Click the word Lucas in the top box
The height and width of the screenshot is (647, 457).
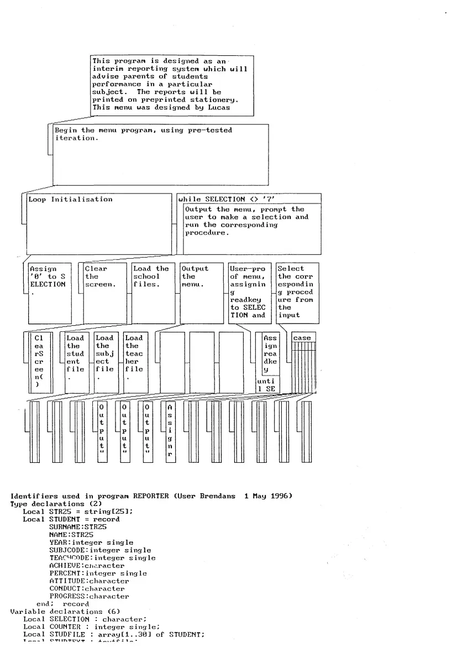[x=219, y=108]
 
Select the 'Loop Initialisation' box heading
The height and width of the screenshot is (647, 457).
[x=70, y=200]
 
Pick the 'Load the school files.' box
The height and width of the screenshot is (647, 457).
[x=151, y=276]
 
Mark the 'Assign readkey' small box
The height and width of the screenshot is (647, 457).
[x=270, y=354]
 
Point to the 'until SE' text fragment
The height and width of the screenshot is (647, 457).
[x=268, y=385]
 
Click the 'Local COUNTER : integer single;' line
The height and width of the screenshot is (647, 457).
[x=91, y=627]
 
